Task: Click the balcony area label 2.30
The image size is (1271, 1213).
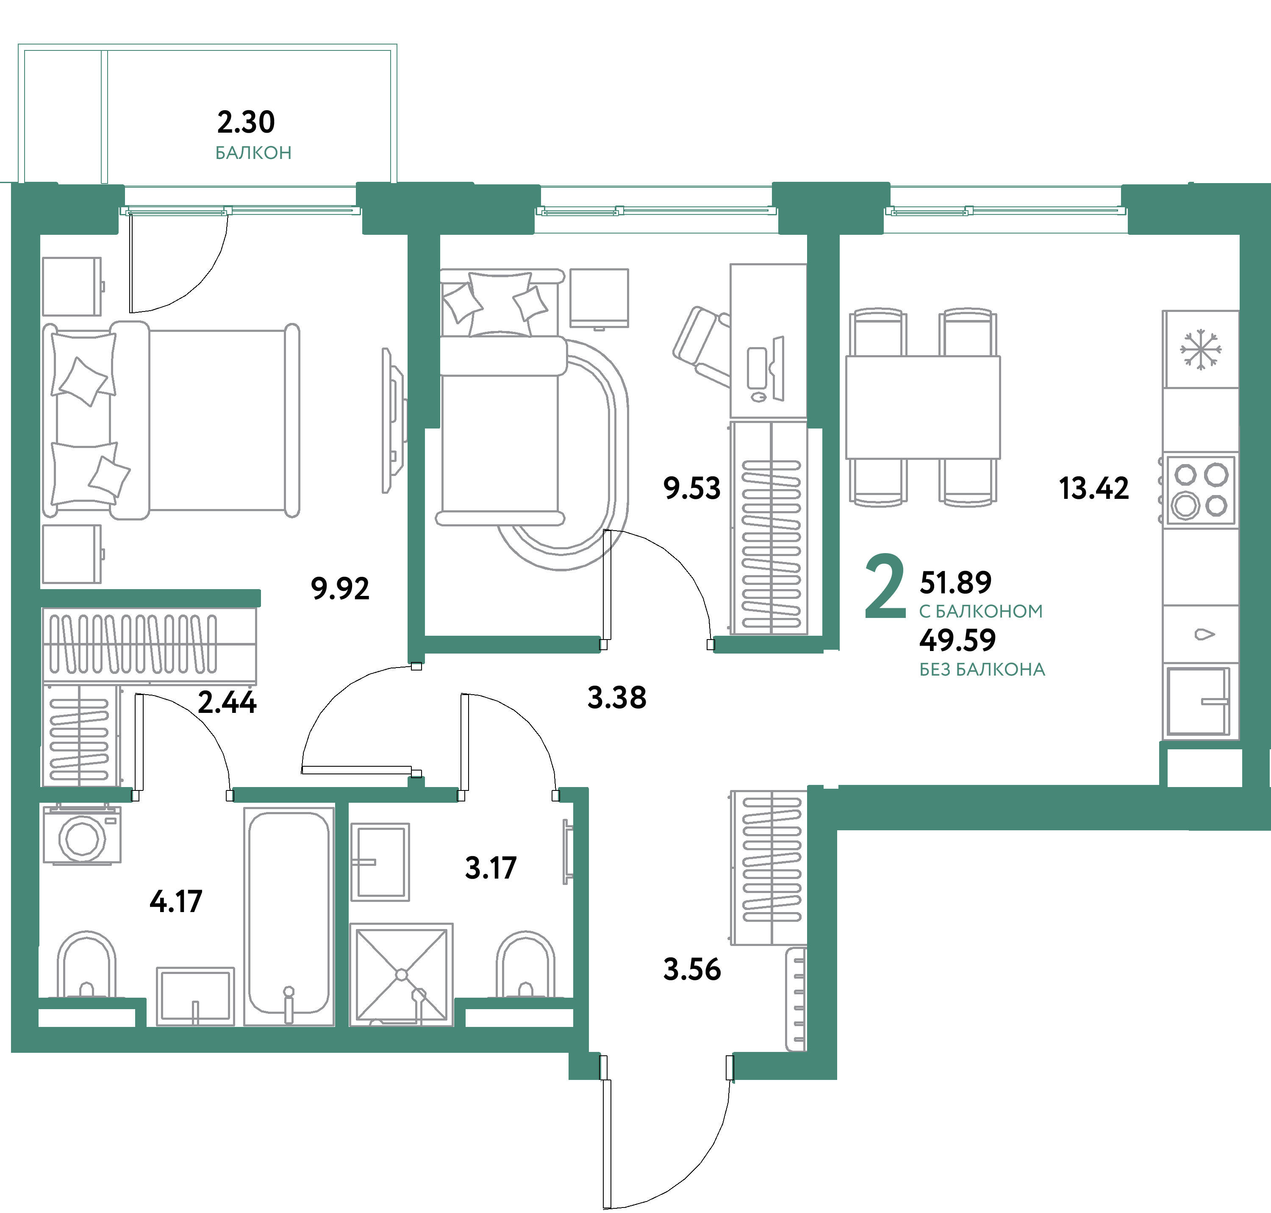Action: (x=246, y=122)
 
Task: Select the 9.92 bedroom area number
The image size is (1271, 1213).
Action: (x=340, y=588)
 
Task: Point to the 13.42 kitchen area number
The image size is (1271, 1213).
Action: (x=1094, y=488)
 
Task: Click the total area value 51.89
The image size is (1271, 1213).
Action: (x=955, y=583)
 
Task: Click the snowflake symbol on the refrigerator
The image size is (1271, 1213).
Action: (x=1201, y=350)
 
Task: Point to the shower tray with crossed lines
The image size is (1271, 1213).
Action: (x=402, y=974)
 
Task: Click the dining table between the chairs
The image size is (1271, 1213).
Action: (x=923, y=407)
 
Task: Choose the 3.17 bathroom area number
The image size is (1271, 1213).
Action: (x=491, y=868)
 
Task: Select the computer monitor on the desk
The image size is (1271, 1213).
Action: (x=778, y=369)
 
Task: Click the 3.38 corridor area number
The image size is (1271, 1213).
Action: (x=617, y=698)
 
